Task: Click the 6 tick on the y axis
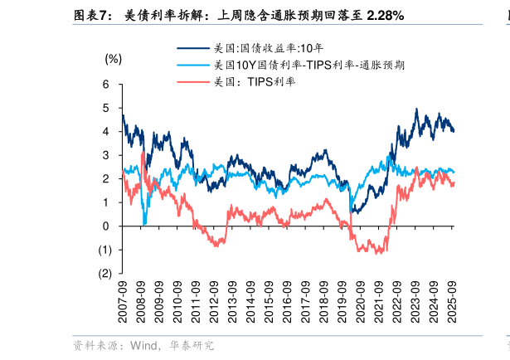(105, 84)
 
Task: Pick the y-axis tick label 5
(105, 108)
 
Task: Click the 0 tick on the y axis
(105, 226)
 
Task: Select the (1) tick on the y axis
(104, 250)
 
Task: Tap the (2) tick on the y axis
(104, 273)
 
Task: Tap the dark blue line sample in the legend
(192, 49)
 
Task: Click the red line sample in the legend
(192, 81)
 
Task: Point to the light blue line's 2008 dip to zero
(144, 223)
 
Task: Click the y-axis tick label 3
(105, 155)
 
